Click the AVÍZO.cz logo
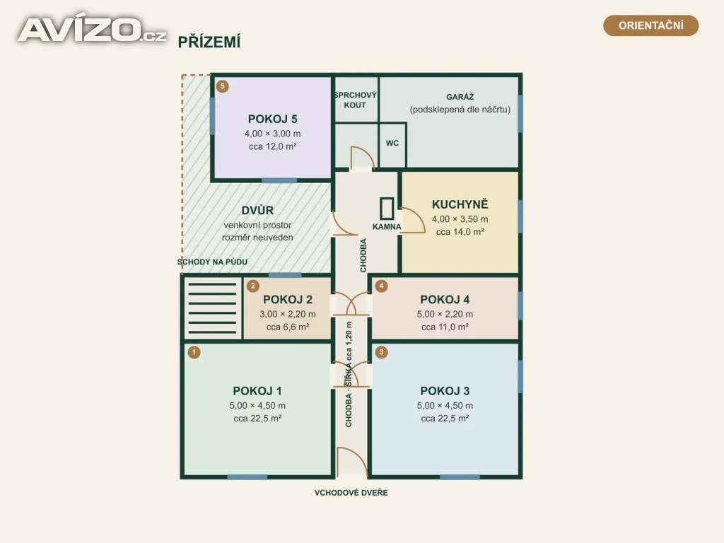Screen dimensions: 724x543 tap(92, 30)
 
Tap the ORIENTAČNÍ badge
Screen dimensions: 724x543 tap(650, 25)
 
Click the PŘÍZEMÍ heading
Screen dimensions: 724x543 tap(209, 42)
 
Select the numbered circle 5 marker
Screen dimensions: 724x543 tap(223, 86)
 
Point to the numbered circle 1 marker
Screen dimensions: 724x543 tap(194, 352)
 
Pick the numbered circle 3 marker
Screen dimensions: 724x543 tap(381, 352)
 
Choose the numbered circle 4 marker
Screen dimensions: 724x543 tap(381, 286)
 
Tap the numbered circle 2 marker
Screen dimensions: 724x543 tap(252, 286)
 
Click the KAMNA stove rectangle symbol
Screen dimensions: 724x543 tap(387, 208)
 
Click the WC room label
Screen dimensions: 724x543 tap(392, 143)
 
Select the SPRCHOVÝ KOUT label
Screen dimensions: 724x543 tap(355, 100)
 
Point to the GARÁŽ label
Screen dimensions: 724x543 tap(460, 96)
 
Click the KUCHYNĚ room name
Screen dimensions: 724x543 tap(460, 204)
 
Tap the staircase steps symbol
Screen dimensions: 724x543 tap(212, 308)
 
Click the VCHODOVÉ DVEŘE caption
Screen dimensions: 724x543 tap(351, 493)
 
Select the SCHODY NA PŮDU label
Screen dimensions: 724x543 tap(212, 262)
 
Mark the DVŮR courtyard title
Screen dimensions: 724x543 tap(257, 210)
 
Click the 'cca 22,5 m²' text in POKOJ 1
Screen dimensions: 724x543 tap(257, 419)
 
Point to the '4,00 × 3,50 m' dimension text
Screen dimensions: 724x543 tap(460, 219)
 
